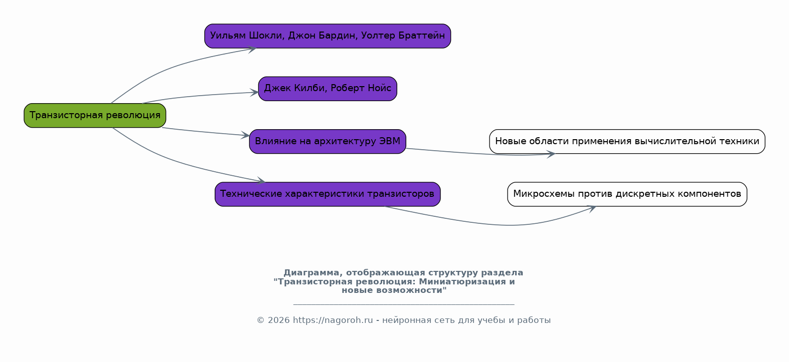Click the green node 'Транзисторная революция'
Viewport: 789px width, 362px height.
click(x=95, y=116)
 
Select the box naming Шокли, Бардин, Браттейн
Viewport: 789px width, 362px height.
click(x=328, y=36)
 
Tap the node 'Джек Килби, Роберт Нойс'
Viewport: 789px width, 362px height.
click(x=328, y=89)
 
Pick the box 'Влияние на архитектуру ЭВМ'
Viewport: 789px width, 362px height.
click(x=328, y=142)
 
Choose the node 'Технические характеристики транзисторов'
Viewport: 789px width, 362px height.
click(x=328, y=194)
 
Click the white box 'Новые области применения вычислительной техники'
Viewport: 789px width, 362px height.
click(x=627, y=142)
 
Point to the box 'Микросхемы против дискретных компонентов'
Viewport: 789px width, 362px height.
click(x=627, y=194)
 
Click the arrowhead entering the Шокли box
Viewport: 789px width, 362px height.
click(x=253, y=49)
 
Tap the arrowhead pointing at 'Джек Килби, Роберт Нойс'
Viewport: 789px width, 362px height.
click(x=255, y=93)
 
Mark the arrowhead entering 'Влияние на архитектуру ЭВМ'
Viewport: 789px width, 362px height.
click(x=246, y=135)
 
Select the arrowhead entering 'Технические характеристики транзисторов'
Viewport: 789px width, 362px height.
click(x=261, y=181)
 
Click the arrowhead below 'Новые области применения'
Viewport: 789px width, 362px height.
click(x=551, y=154)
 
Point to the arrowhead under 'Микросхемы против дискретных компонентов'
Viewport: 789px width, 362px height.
click(x=592, y=208)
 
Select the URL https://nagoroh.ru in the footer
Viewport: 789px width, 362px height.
click(x=333, y=320)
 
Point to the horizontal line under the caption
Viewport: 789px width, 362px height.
click(x=403, y=304)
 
